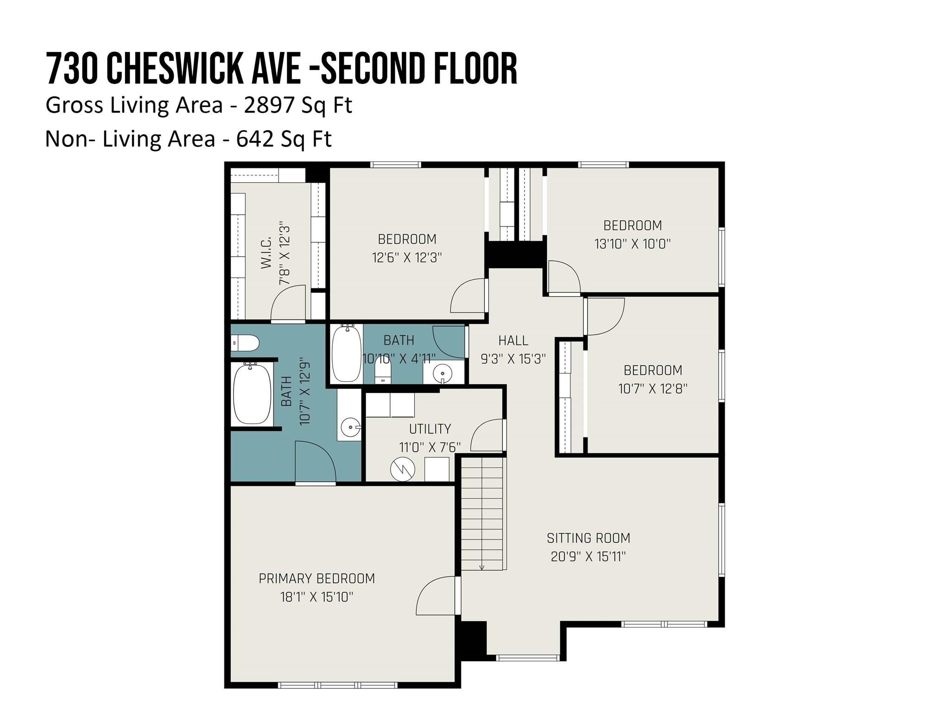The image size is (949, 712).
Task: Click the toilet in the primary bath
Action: pyautogui.click(x=245, y=343)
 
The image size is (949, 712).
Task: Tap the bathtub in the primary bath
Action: pyautogui.click(x=252, y=394)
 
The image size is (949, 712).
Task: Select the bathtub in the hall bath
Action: pyautogui.click(x=347, y=354)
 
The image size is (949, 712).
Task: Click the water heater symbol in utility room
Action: pyautogui.click(x=402, y=469)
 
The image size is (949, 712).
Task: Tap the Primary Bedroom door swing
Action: pyautogui.click(x=436, y=596)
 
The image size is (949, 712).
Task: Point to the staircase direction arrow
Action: pyautogui.click(x=482, y=567)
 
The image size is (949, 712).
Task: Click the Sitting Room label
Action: pyautogui.click(x=588, y=538)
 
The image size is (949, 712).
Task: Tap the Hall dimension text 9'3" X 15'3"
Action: pyautogui.click(x=513, y=359)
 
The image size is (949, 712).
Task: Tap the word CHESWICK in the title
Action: pyautogui.click(x=176, y=69)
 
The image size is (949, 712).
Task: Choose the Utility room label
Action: pyautogui.click(x=430, y=429)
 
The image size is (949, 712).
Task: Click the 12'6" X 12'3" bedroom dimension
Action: pyautogui.click(x=407, y=257)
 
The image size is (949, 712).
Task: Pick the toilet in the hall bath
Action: pyautogui.click(x=383, y=371)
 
